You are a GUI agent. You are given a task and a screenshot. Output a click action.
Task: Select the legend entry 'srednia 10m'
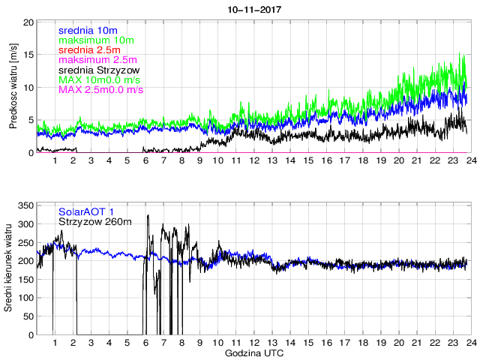[x=87, y=30]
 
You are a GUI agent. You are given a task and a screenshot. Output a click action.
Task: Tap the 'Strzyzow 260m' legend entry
[x=94, y=221]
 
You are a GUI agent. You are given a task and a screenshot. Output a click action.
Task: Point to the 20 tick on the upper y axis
[x=28, y=22]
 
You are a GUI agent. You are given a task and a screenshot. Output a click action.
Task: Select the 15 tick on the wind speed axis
[x=28, y=55]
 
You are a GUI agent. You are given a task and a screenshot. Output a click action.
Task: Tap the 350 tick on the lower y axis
[x=25, y=205]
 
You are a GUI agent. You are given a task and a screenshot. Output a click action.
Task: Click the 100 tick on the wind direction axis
[x=25, y=298]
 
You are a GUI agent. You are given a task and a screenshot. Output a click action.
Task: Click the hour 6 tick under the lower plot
[x=145, y=343]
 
